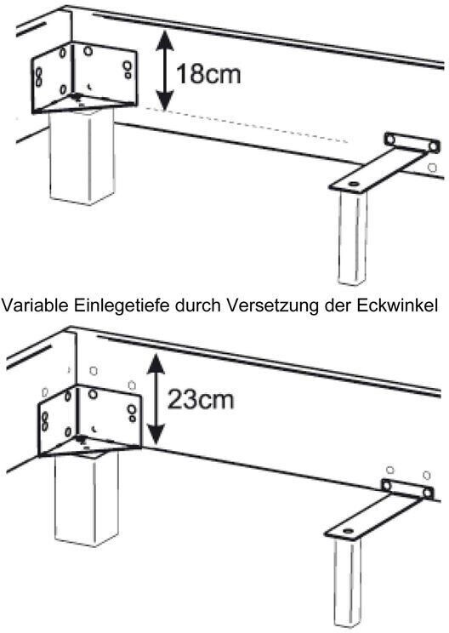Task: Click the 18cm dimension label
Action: [208, 74]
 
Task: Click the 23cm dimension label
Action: [201, 399]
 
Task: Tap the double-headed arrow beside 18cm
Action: [165, 71]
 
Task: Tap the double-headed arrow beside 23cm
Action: [156, 398]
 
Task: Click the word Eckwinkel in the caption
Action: [396, 305]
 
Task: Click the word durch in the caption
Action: [197, 305]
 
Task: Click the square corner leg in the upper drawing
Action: [82, 157]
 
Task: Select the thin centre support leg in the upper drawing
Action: [353, 237]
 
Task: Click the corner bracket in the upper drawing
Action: [84, 77]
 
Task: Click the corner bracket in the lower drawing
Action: [89, 420]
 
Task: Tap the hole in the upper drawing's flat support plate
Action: [355, 184]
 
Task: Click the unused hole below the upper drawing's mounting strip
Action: [432, 167]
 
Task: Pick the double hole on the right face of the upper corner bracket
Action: [128, 69]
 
